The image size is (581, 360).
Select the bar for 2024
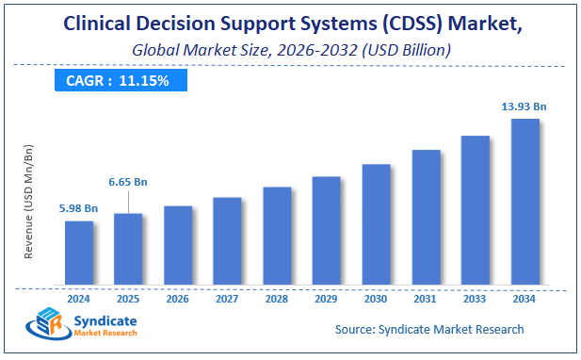[x=79, y=253]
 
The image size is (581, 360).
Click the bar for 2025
[x=128, y=249]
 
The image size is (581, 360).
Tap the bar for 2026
[x=178, y=245]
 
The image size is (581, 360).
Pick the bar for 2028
[x=277, y=236]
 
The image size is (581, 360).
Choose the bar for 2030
[x=376, y=224]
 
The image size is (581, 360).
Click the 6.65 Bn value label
[x=128, y=181]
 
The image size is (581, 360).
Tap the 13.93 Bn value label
[x=524, y=106]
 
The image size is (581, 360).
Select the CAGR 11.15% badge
[x=118, y=81]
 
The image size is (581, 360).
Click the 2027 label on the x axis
[x=227, y=298]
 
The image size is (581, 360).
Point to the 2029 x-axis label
[x=326, y=298]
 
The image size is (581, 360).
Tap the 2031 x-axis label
[x=426, y=298]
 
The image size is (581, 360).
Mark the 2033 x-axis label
[x=475, y=298]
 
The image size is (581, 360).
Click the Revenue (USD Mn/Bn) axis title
[x=29, y=203]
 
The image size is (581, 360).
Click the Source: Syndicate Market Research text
[x=429, y=329]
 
